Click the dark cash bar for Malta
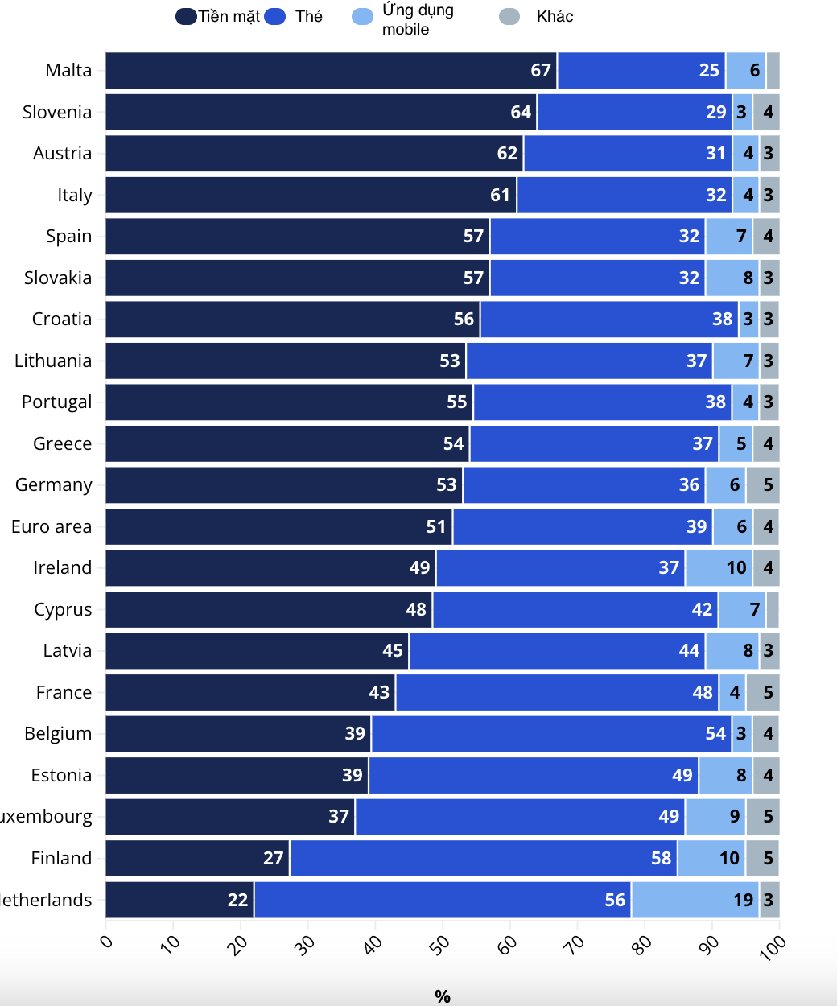[330, 71]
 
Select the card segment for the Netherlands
[442, 900]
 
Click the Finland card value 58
[661, 859]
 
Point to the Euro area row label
[52, 527]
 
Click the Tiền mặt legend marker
[187, 17]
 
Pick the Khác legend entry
[555, 17]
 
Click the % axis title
[442, 996]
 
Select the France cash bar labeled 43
[250, 693]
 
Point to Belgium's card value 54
[715, 734]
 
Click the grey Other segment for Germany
[762, 485]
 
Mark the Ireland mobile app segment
[719, 568]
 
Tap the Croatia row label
[61, 320]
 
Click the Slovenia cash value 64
[520, 113]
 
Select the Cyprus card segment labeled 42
[575, 610]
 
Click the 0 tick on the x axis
[107, 942]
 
